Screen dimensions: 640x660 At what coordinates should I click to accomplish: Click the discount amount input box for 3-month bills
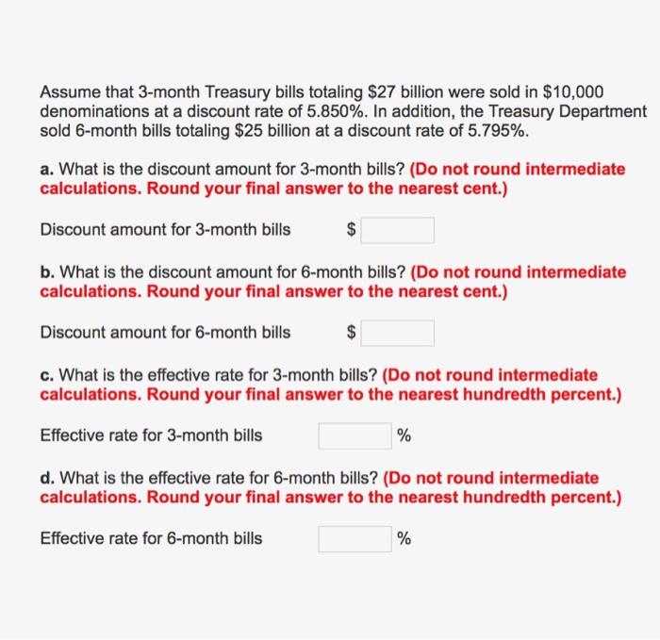[398, 230]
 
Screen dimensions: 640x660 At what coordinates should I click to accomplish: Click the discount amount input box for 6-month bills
[398, 333]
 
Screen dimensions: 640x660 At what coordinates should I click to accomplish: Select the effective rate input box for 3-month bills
[355, 435]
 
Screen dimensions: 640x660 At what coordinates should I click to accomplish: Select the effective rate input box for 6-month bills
[355, 538]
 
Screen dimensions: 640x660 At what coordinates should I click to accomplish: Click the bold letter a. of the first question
[46, 170]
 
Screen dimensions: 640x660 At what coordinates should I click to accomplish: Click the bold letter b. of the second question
[46, 272]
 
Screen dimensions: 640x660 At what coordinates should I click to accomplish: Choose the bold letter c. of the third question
[46, 375]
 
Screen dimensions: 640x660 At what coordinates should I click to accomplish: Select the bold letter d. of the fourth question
[46, 478]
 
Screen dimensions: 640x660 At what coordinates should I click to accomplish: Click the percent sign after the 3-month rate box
[404, 435]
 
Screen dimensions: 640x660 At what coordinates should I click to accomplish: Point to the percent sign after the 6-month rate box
[404, 538]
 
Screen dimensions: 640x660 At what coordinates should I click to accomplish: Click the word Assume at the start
[67, 92]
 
